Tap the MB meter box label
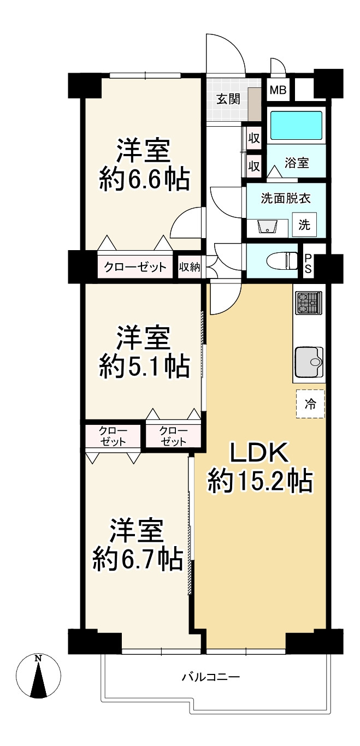click(x=279, y=90)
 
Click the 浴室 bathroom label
click(x=297, y=163)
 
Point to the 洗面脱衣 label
click(x=286, y=198)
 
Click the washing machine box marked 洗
click(x=304, y=224)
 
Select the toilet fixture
click(x=282, y=261)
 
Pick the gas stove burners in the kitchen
click(x=309, y=303)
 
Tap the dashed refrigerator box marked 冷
click(x=310, y=404)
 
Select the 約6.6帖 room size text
click(x=144, y=179)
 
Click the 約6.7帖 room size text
click(x=138, y=558)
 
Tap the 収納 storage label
click(x=190, y=267)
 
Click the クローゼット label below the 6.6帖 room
click(x=135, y=267)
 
